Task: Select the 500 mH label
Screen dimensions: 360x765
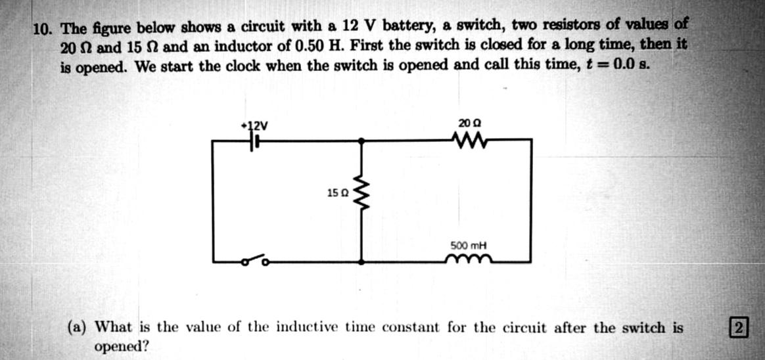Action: [x=467, y=246]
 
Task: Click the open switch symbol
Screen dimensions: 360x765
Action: [x=254, y=261]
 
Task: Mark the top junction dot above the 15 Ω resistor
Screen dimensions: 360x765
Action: [x=361, y=140]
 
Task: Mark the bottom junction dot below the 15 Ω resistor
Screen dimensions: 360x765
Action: [x=361, y=261]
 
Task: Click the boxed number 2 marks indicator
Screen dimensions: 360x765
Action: [x=739, y=326]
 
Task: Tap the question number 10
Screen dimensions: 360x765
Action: [x=44, y=29]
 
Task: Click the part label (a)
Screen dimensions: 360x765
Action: [x=80, y=327]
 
